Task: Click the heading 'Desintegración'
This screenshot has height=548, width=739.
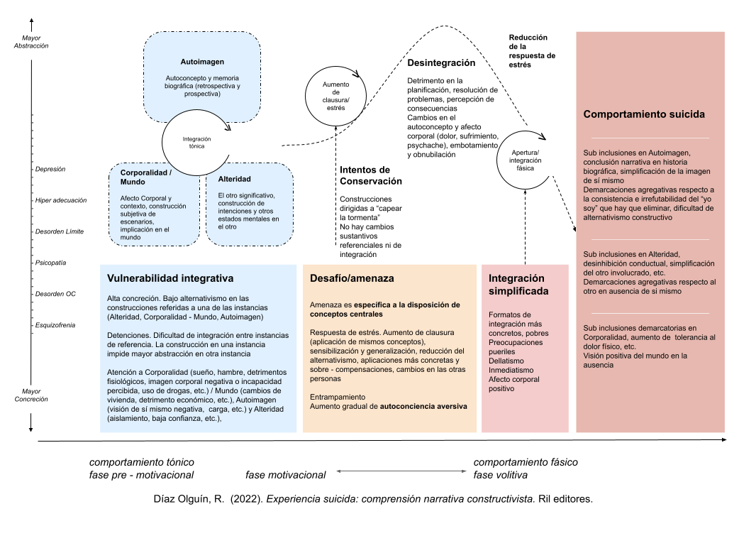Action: click(441, 62)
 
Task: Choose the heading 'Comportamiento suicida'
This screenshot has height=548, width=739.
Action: click(644, 114)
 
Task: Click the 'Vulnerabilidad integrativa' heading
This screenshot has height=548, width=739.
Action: click(170, 278)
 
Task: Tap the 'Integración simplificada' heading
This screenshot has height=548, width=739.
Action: click(517, 285)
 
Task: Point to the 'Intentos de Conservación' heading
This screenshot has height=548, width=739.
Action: click(371, 175)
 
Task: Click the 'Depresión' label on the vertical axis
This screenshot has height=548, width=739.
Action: click(50, 169)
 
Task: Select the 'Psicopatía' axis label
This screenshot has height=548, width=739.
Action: click(50, 263)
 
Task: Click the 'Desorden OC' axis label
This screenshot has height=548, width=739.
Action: click(55, 294)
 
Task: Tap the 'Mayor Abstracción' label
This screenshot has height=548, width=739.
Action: click(31, 41)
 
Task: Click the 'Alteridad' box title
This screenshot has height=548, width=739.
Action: click(235, 179)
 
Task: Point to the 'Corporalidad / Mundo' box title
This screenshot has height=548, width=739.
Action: click(146, 177)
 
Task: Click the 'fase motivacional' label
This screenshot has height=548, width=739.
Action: click(286, 475)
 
